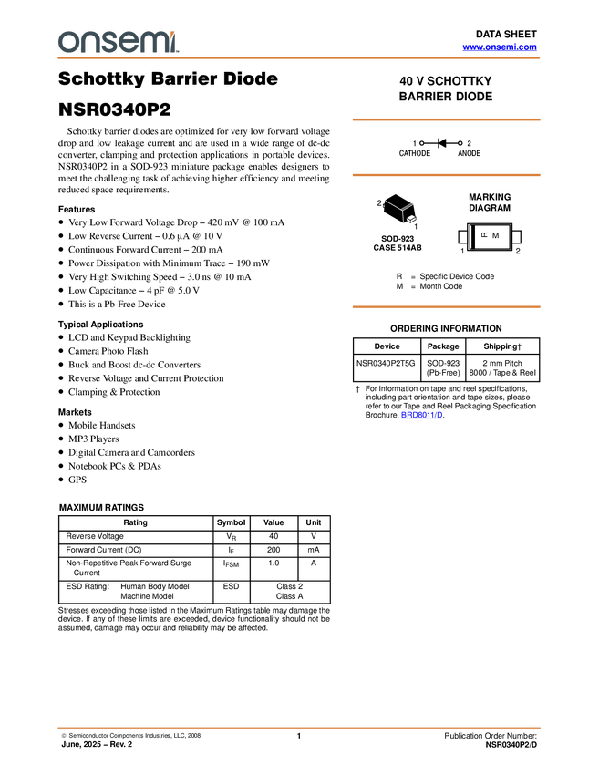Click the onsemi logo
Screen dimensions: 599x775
click(118, 41)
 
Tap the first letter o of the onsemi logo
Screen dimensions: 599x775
click(66, 42)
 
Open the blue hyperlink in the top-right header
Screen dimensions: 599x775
click(499, 46)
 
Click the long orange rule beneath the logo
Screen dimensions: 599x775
click(299, 58)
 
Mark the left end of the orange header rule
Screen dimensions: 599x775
click(57, 58)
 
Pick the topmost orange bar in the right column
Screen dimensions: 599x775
click(446, 119)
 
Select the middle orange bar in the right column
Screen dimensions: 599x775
click(446, 174)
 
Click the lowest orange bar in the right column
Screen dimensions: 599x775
click(446, 307)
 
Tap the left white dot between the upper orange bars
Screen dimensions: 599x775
click(422, 142)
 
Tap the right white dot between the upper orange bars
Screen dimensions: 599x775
click(460, 143)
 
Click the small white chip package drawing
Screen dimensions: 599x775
click(411, 219)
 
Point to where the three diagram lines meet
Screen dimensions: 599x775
click(402, 211)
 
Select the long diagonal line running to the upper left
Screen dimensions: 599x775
click(393, 205)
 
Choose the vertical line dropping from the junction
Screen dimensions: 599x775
click(403, 217)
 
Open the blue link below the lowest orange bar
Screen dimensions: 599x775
click(421, 415)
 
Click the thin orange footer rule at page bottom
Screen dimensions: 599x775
click(299, 728)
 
